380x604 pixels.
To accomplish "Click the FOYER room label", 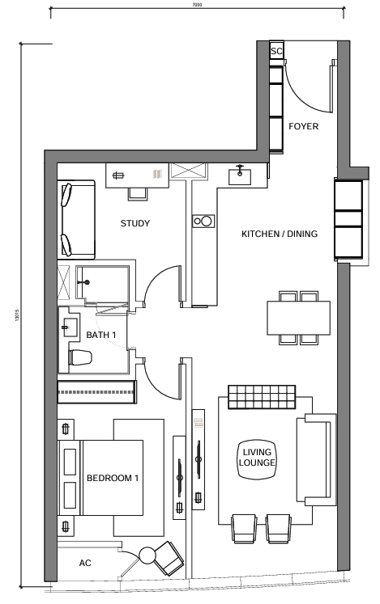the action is [x=304, y=126].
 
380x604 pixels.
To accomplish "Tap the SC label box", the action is [x=276, y=51].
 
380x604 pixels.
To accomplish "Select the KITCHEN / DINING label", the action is [x=280, y=234].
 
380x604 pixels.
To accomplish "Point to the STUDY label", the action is [x=135, y=223].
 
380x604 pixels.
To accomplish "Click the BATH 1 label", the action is [x=100, y=335].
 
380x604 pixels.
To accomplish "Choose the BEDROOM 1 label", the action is [x=113, y=479].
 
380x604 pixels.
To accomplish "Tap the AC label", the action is [x=85, y=564].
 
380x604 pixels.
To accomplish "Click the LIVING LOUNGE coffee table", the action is [x=257, y=459].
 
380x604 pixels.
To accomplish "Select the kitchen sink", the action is [x=240, y=176].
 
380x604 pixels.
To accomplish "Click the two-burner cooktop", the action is [x=203, y=221].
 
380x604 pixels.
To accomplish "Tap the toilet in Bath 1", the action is [x=80, y=357].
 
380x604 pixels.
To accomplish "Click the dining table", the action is [x=298, y=318].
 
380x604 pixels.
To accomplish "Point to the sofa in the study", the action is [x=76, y=219].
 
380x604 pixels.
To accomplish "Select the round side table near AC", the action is [x=147, y=555].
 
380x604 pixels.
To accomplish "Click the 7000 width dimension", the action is [x=197, y=5].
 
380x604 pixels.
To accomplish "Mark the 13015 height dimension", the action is [x=16, y=316].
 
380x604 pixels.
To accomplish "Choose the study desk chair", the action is [x=138, y=194].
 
